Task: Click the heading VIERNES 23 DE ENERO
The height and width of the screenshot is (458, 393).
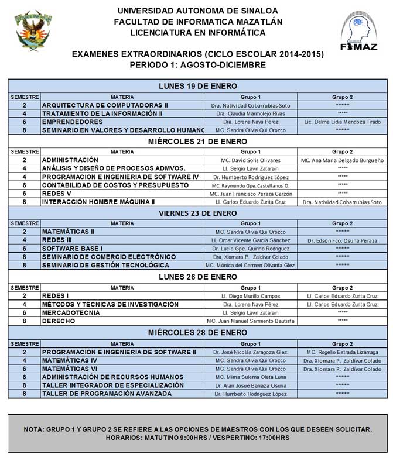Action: (x=197, y=213)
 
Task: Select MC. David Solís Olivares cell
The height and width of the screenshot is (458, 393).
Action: (x=250, y=160)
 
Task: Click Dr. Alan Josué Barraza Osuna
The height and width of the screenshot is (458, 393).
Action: (x=250, y=386)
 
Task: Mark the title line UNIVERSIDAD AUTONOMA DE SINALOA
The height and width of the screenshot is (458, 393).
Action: (x=197, y=11)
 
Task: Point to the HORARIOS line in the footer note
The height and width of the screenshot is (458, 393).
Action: (x=197, y=438)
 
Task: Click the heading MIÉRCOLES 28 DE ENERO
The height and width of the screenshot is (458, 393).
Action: (x=197, y=332)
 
